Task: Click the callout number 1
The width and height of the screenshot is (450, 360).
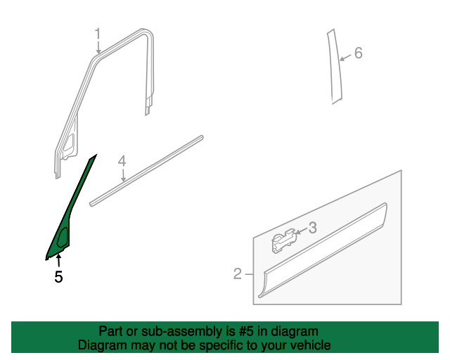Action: pos(98,34)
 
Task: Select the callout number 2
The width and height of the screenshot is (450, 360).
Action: pos(238,274)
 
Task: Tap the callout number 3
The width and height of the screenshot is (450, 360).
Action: pos(313,227)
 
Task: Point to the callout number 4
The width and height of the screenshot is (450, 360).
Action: pos(122,161)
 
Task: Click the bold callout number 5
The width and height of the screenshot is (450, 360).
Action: pos(58,277)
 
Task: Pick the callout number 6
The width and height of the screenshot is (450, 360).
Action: pos(359,53)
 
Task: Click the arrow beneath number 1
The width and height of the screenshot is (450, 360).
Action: pos(98,47)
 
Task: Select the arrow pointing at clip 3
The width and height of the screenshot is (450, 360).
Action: pos(302,231)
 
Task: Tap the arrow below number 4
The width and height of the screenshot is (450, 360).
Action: pos(124,175)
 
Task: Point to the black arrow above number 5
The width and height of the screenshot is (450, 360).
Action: pos(58,262)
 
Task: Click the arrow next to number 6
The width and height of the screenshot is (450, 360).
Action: pos(345,57)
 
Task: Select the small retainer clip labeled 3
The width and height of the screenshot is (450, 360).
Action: pos(283,240)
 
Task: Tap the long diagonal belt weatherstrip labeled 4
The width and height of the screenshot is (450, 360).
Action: pos(146,171)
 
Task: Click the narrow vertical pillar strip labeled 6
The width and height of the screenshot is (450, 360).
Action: pos(335,66)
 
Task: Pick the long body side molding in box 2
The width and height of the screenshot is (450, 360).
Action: pos(323,250)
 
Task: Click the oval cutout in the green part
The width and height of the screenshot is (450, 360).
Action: pos(63,237)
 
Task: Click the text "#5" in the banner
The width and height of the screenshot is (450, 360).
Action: pos(245,331)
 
